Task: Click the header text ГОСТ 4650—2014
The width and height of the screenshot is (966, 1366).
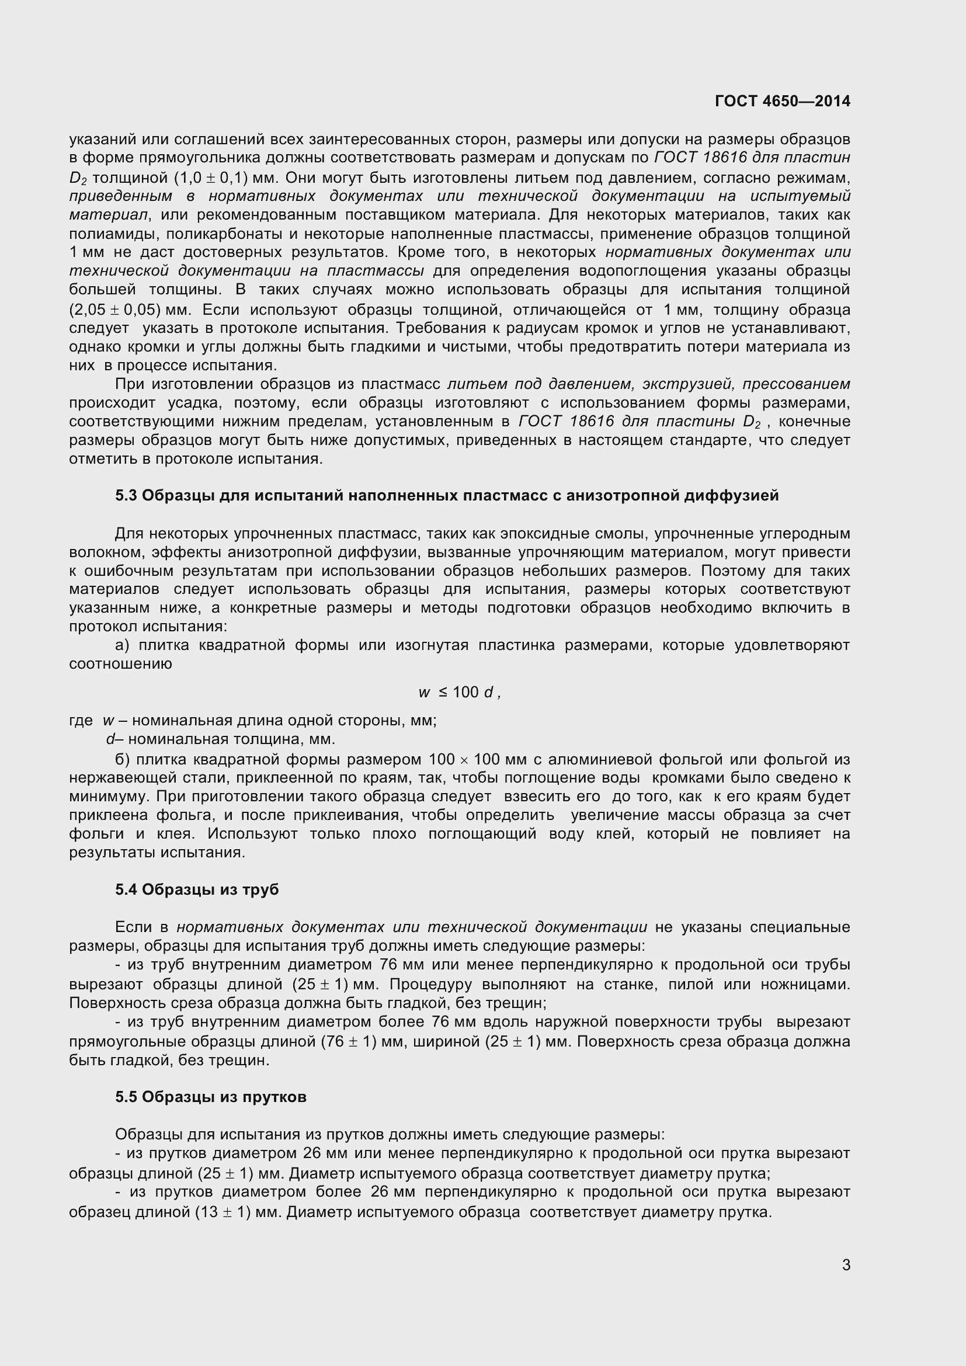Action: click(782, 101)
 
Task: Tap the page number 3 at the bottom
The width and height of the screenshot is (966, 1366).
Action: click(846, 1265)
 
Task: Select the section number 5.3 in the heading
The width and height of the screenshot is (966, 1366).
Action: click(126, 496)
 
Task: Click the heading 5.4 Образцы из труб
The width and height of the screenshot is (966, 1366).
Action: click(197, 889)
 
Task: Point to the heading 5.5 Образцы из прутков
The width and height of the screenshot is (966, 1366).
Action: click(211, 1097)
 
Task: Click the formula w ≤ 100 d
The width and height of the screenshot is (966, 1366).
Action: click(459, 692)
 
